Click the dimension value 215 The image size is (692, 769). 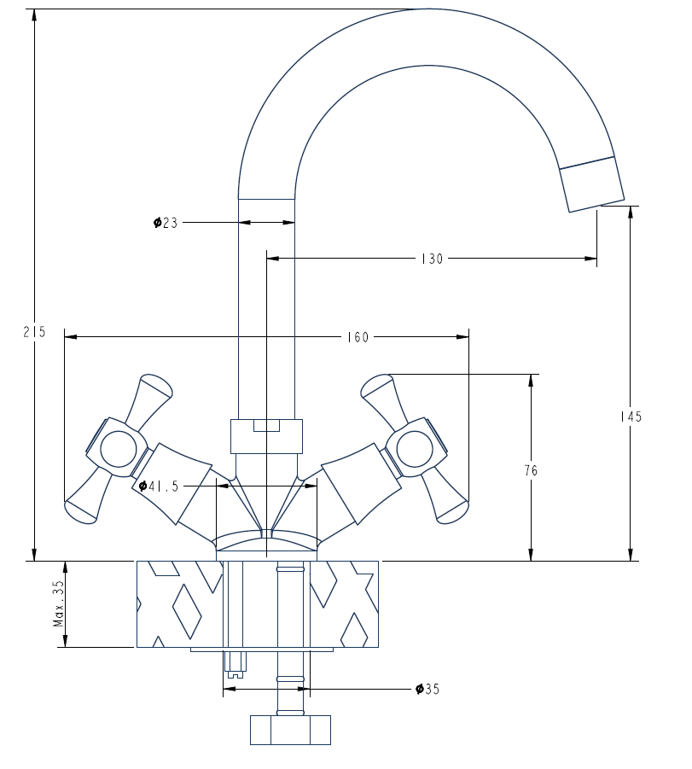click(x=34, y=333)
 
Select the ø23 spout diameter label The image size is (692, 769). click(x=166, y=223)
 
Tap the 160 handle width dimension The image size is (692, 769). click(x=358, y=337)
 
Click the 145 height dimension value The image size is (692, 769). click(x=631, y=417)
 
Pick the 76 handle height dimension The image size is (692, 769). click(x=532, y=470)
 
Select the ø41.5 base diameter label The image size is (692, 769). click(x=160, y=486)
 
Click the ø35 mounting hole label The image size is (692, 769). click(x=427, y=689)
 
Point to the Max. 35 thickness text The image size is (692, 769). click(x=58, y=604)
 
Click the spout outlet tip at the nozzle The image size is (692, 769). click(x=592, y=184)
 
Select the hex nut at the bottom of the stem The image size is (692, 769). click(x=290, y=731)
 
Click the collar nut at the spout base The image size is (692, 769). click(x=266, y=436)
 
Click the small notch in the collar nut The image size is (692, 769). click(x=267, y=426)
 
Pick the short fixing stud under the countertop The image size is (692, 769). click(x=235, y=660)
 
